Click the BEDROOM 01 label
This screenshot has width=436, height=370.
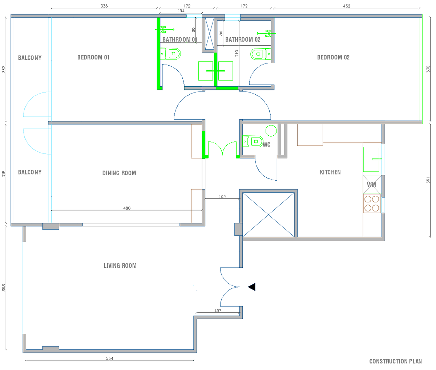(93, 57)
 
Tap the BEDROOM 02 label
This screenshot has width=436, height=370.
(333, 57)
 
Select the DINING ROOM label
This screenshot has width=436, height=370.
(119, 173)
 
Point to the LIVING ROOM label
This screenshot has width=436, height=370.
(120, 266)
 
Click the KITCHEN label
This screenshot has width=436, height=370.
(330, 172)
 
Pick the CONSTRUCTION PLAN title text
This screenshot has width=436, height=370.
(396, 361)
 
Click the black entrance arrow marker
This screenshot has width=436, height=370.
(252, 287)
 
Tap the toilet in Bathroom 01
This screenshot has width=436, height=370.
(170, 54)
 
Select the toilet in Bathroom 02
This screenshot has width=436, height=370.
(261, 54)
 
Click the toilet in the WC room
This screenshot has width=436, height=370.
(253, 141)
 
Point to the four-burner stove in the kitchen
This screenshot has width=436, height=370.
(372, 203)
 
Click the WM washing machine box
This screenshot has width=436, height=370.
(372, 185)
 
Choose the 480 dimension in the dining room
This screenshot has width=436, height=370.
(127, 208)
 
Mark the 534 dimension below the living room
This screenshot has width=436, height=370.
(109, 358)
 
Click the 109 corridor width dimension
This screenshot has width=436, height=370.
(222, 197)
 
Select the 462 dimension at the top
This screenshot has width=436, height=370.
(347, 6)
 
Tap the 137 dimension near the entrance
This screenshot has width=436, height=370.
(218, 311)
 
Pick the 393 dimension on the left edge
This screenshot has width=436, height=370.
(4, 288)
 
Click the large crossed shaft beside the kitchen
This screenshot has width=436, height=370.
(268, 215)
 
